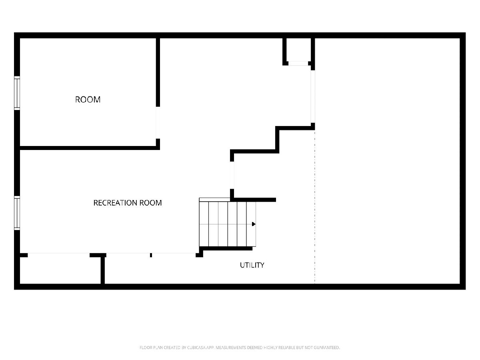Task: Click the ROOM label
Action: [x=88, y=100]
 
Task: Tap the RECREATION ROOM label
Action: [x=128, y=203]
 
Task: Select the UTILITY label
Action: [x=252, y=265]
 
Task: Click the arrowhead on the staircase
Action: [x=254, y=224]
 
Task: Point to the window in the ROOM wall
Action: [x=17, y=93]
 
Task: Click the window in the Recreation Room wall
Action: [x=17, y=213]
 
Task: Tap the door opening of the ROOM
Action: [x=158, y=123]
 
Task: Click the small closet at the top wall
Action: [x=298, y=50]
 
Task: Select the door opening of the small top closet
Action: [x=298, y=63]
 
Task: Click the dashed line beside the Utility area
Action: [x=315, y=207]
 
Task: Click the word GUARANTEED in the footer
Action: [x=327, y=348]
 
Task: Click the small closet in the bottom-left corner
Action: [x=60, y=270]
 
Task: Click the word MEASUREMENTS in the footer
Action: [x=231, y=348]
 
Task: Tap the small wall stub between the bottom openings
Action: [x=151, y=255]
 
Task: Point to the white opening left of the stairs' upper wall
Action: [x=232, y=175]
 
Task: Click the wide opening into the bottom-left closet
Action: [x=59, y=255]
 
